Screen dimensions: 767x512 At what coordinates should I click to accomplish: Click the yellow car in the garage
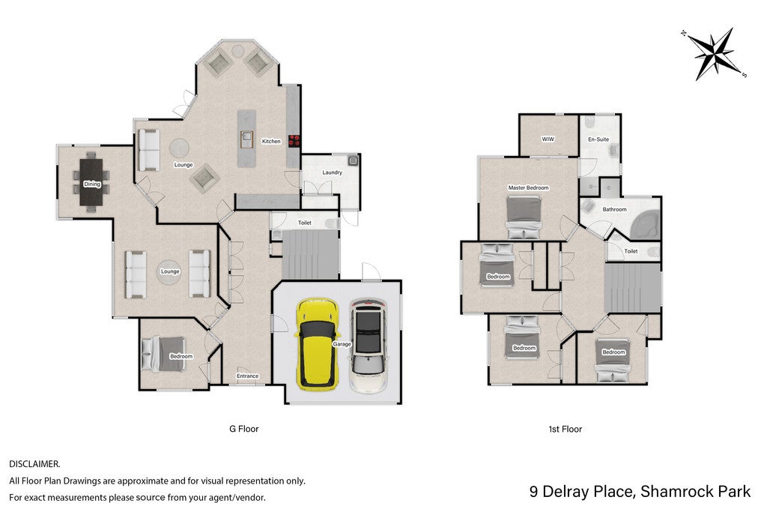coord(318,344)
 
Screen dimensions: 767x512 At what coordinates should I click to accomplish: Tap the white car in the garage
coord(368,346)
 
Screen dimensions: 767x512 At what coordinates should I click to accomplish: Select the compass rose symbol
coord(715,53)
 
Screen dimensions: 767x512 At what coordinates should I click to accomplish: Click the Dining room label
coord(92,184)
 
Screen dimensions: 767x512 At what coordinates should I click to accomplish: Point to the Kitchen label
coord(271,142)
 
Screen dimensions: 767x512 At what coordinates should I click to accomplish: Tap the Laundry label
coord(332,172)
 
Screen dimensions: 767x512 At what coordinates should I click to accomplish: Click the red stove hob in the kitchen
coord(294,141)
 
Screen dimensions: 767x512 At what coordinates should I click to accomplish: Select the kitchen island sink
coord(246,139)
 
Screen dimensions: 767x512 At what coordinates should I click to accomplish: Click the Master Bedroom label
coord(528,187)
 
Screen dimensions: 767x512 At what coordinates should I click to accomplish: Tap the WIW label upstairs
coord(548,139)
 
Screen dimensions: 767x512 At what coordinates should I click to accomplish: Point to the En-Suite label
coord(598,139)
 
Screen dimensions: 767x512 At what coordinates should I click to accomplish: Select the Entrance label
coord(247,376)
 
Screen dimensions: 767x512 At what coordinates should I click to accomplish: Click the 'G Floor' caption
coord(243,429)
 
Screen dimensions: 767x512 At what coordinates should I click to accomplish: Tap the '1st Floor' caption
coord(565,430)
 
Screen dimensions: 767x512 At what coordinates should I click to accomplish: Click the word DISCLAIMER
coord(34,464)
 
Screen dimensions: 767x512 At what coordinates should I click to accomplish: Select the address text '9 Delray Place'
coord(580,492)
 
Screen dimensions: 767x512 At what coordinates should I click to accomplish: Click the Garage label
coord(342,344)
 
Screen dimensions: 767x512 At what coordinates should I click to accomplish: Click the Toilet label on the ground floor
coord(305,223)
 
